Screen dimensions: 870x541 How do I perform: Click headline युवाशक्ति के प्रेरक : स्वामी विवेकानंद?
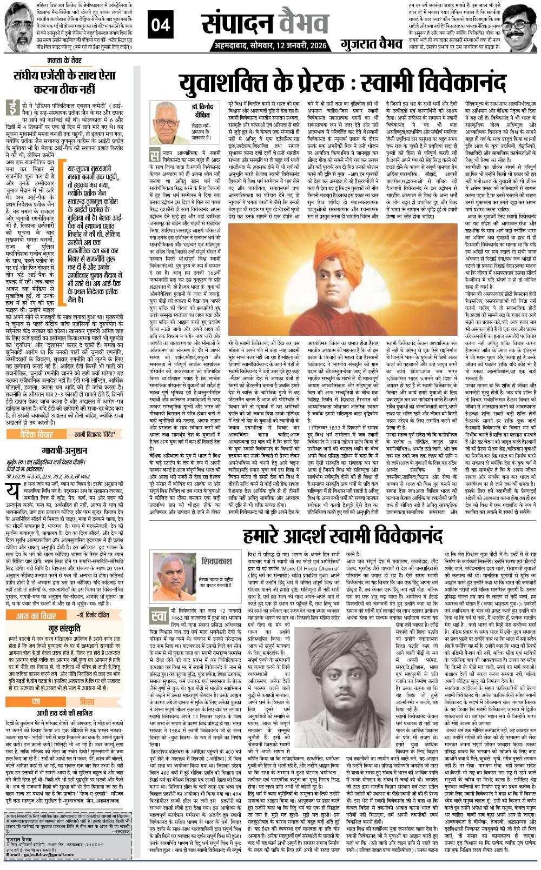coord(344,84)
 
